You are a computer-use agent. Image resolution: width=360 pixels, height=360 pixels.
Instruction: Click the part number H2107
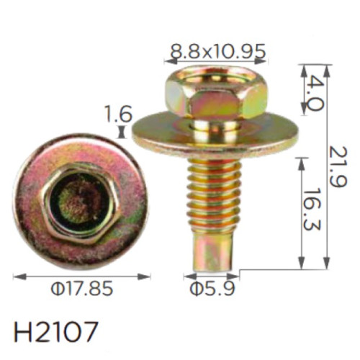[56, 332]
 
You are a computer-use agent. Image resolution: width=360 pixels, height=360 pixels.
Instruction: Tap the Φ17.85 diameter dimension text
[82, 288]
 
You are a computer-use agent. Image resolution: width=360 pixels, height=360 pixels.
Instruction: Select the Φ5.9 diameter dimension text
[212, 289]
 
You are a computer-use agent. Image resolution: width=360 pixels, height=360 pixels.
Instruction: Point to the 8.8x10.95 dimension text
[218, 51]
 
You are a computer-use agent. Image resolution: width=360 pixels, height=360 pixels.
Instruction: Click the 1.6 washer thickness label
[119, 114]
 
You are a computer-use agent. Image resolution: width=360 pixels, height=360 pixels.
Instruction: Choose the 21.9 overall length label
[338, 167]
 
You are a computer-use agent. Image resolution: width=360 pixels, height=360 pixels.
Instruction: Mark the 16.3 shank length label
[312, 209]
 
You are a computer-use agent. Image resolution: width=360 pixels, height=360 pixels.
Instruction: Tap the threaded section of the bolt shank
[214, 197]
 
